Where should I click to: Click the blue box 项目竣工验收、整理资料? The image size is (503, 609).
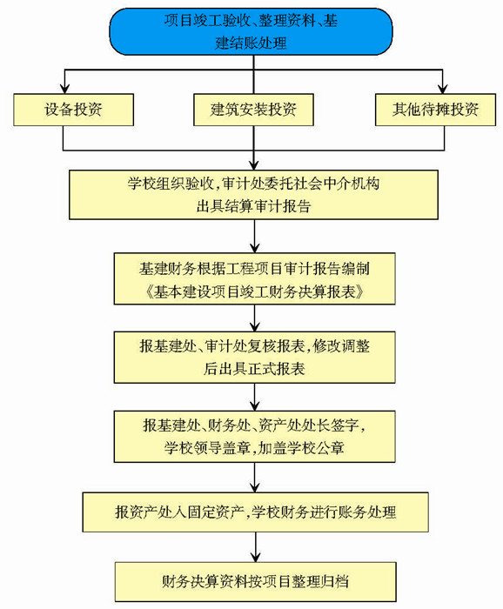pos(251,31)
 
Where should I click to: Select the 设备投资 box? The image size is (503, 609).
pos(73,110)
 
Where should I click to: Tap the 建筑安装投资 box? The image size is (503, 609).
pos(253,110)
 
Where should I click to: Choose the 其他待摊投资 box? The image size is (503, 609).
pos(435,110)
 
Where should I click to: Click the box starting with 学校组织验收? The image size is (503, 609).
pos(253,195)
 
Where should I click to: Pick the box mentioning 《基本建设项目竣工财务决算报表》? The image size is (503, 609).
pos(254,278)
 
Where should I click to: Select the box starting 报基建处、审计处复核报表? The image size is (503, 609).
pos(254,358)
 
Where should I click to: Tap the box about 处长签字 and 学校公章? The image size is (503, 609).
pos(254,437)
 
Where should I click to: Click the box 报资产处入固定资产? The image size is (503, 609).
pos(255,512)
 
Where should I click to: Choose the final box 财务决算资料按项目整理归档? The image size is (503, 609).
pos(255,582)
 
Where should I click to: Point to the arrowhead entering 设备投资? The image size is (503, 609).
pos(65,89)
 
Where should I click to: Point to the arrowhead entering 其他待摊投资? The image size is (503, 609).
pos(442,89)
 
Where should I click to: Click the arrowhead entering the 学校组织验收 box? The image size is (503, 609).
pos(253,165)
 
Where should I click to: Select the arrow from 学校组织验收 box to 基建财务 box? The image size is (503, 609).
pos(254,236)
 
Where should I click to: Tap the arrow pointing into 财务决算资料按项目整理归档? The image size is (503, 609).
pos(255,547)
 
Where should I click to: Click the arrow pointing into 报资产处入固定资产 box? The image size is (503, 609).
pos(254,478)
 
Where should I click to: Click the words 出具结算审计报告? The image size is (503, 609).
pos(253,206)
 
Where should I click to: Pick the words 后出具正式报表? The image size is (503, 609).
pos(254,369)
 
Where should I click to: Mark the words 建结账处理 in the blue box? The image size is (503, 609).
pos(251,43)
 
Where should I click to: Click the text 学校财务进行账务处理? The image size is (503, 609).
pos(324,512)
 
